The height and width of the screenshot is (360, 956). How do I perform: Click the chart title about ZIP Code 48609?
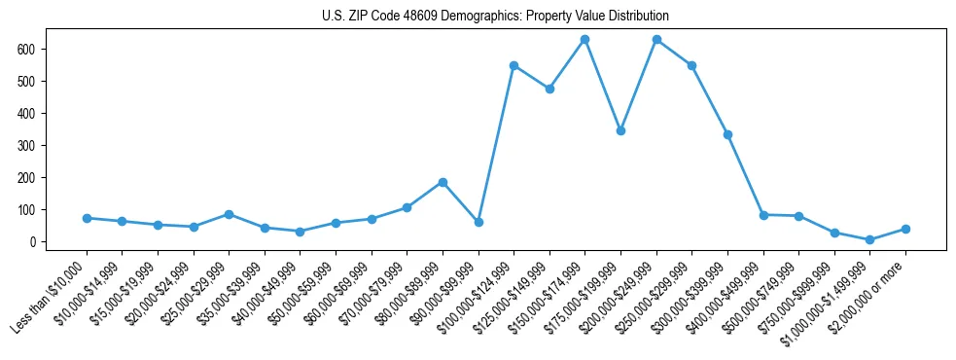coord(495,17)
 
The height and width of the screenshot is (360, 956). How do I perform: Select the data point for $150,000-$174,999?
coord(584,40)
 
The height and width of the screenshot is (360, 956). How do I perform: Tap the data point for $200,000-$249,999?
coord(656,40)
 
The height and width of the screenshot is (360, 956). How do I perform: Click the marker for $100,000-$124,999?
coord(513,65)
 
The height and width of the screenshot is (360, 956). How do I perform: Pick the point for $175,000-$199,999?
coord(620,130)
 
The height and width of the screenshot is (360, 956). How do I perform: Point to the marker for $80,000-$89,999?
coord(443,182)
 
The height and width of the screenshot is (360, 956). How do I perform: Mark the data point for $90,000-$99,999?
coord(478,222)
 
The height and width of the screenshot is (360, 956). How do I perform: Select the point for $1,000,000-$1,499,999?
coord(869,239)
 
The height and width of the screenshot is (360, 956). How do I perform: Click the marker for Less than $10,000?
coord(87,218)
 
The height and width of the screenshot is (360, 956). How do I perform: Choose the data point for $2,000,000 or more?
coord(905,229)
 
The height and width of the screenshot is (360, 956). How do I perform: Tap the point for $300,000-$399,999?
coord(727,134)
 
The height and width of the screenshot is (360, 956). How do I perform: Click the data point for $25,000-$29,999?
coord(229,214)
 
